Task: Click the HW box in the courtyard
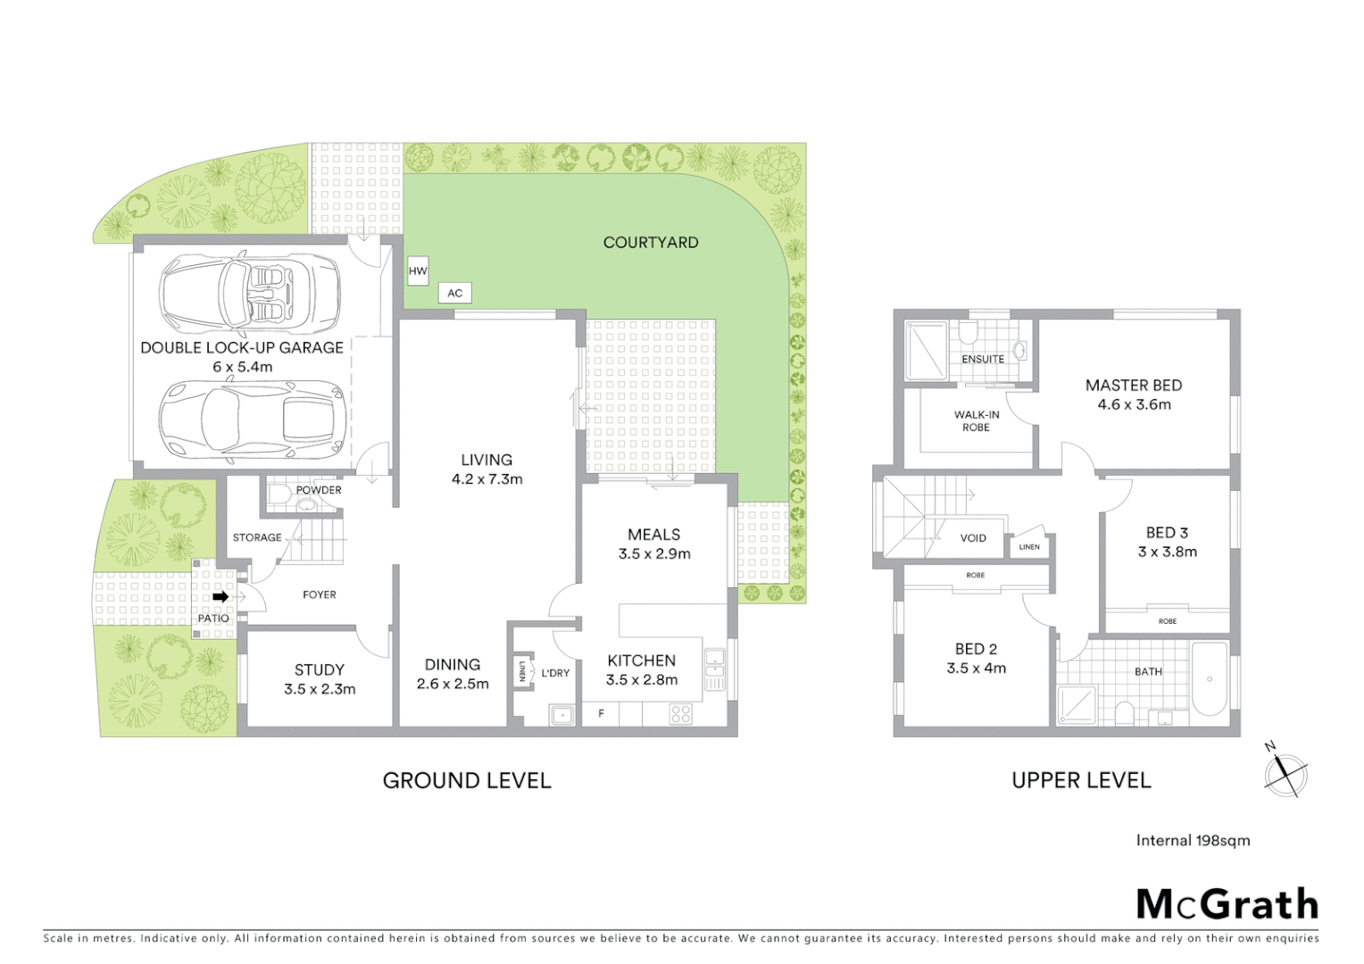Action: [x=418, y=271]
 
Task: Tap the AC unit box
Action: [x=454, y=293]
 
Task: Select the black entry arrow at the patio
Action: [x=220, y=596]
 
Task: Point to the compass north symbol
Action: [x=1285, y=773]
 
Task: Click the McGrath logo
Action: [x=1227, y=904]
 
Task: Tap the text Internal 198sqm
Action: [x=1193, y=840]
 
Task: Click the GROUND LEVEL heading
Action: [x=467, y=780]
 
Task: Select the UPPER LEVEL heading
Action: [x=1081, y=780]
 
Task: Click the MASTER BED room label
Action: [x=1134, y=386]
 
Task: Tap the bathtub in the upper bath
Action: [x=1210, y=678]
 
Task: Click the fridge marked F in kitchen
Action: [x=602, y=713]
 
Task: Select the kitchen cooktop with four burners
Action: [x=680, y=713]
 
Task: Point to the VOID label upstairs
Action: [x=973, y=538]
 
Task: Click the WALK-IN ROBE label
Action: [x=977, y=420]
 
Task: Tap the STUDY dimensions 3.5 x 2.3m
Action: [x=320, y=689]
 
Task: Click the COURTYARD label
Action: [x=651, y=242]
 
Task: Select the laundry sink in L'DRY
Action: [x=562, y=714]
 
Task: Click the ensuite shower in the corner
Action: [x=927, y=351]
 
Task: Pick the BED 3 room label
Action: [x=1167, y=533]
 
